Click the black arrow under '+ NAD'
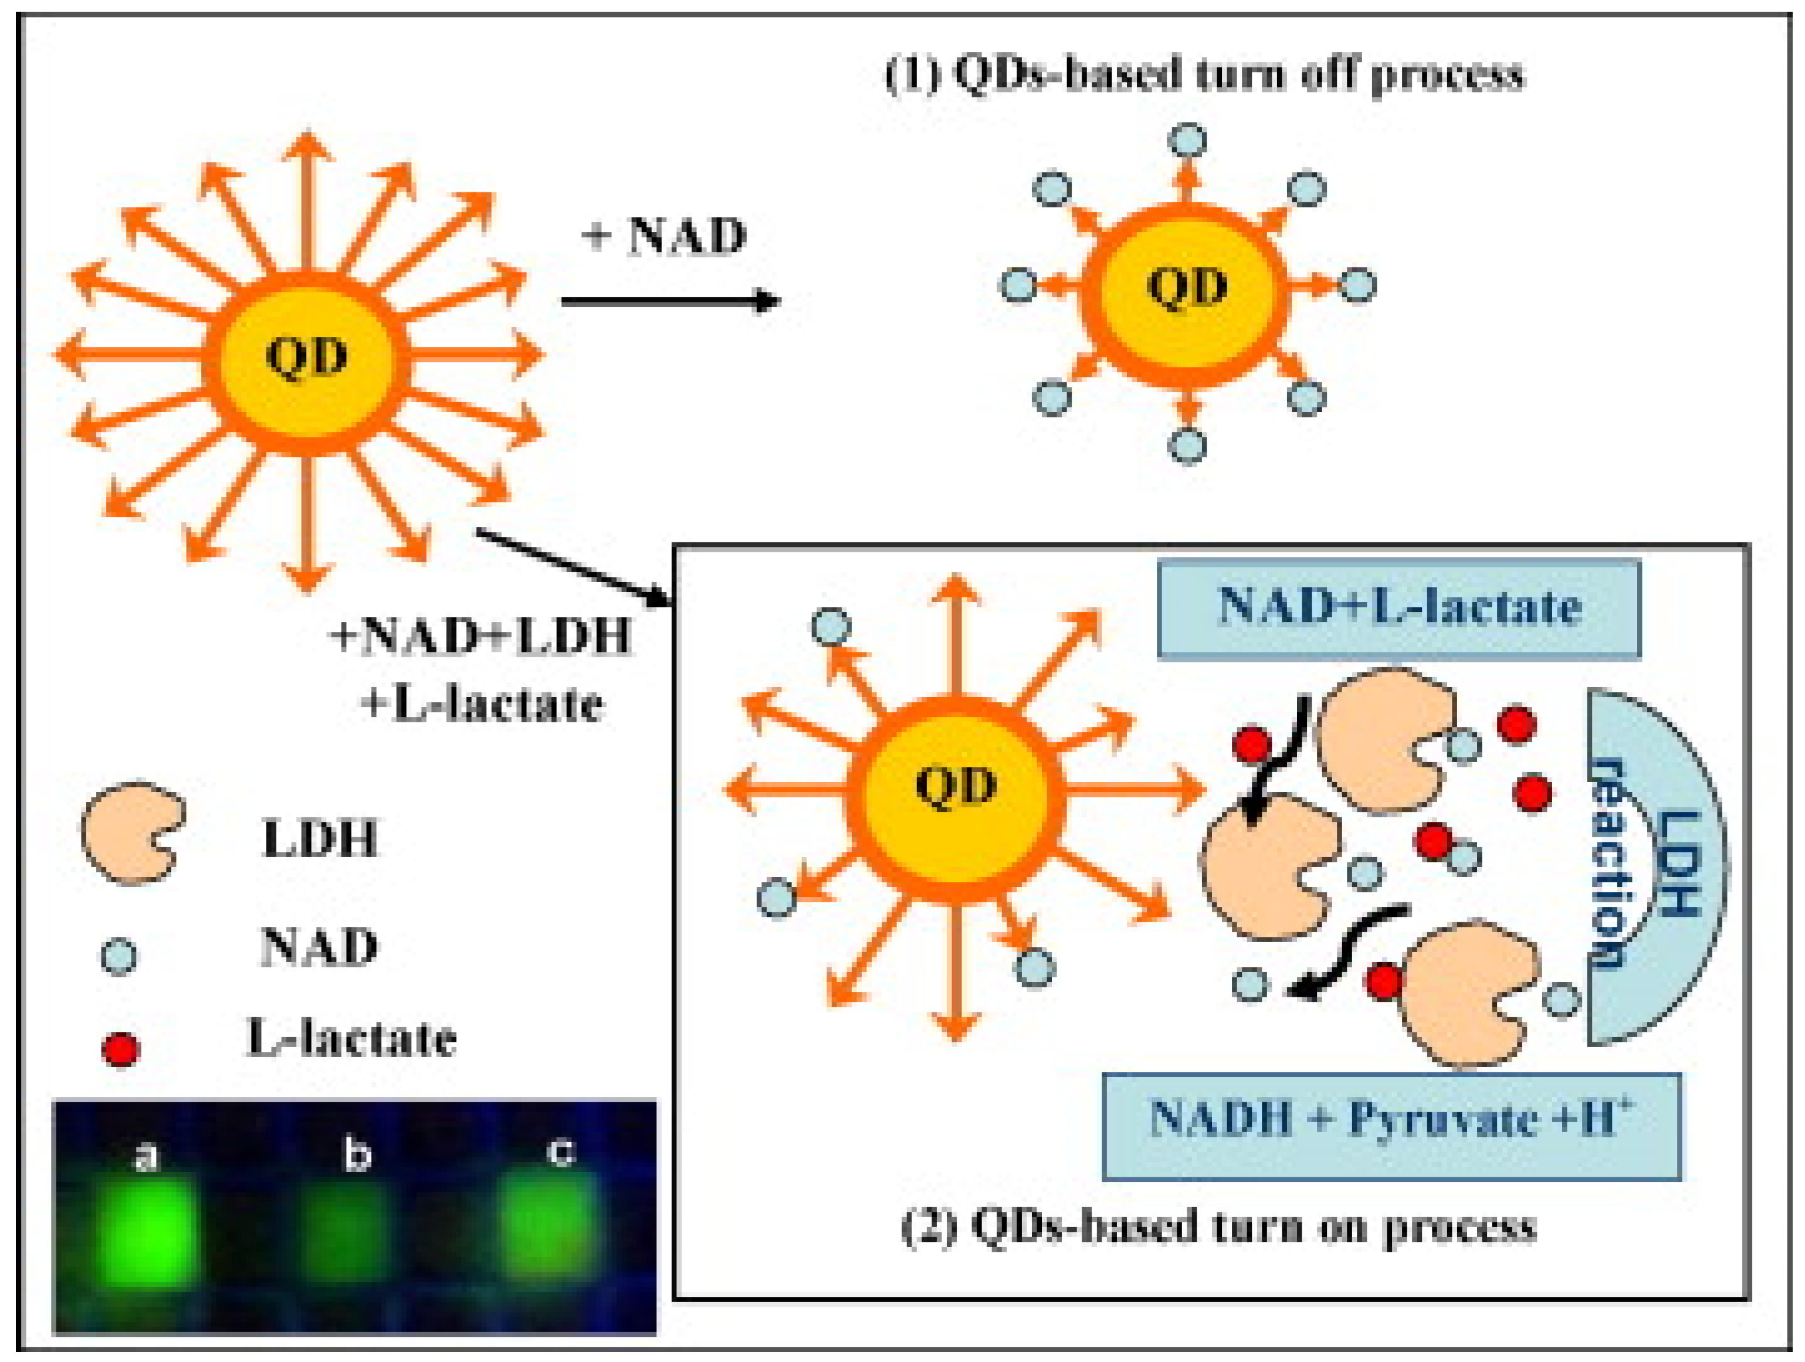pyautogui.click(x=669, y=302)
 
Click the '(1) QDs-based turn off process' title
pyautogui.click(x=1204, y=75)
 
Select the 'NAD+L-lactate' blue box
pyautogui.click(x=1398, y=607)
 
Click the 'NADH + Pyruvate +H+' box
pyautogui.click(x=1391, y=1126)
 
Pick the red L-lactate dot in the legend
pyautogui.click(x=121, y=1049)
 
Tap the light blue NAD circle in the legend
pyautogui.click(x=118, y=956)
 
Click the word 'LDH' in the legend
pyautogui.click(x=320, y=838)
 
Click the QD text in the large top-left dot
pyautogui.click(x=307, y=356)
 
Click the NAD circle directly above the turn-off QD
pyautogui.click(x=1187, y=140)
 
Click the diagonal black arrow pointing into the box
pyautogui.click(x=575, y=567)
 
